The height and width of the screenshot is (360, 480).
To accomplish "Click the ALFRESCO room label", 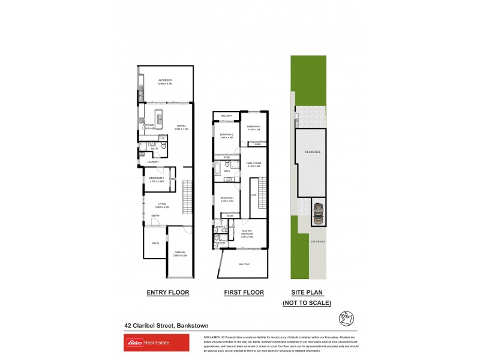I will (165, 81).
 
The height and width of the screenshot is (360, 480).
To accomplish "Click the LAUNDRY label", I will (152, 161).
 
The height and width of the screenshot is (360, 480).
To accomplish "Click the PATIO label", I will (155, 243).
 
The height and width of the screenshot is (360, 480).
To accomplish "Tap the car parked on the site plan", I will (317, 213).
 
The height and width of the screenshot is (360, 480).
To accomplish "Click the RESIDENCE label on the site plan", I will (313, 152).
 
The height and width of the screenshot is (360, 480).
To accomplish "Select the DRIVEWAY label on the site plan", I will (317, 241).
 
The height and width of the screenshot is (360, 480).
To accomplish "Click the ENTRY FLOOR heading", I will (168, 293).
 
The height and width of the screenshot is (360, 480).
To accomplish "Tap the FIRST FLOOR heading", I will (244, 293).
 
